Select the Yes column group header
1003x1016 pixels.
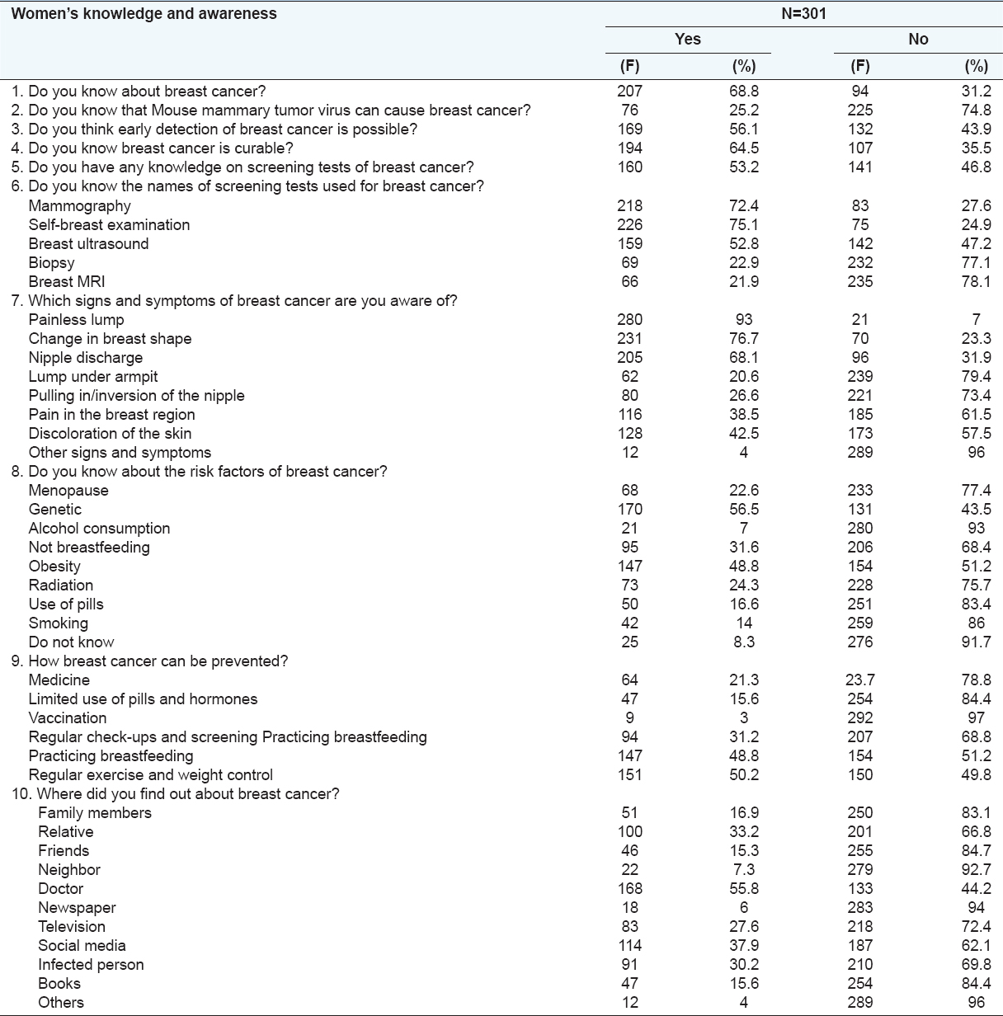(687, 39)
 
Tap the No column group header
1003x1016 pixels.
(918, 39)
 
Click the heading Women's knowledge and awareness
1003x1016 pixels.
(144, 13)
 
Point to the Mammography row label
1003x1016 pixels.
(79, 205)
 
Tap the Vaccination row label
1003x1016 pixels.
(68, 717)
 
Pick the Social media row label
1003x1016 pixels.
(82, 945)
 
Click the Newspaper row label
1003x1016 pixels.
(77, 907)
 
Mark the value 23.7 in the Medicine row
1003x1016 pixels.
(860, 680)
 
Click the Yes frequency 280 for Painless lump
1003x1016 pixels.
(629, 319)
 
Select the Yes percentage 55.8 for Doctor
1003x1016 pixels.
(744, 888)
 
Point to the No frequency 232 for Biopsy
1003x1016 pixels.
(860, 262)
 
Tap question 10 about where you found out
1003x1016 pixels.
(184, 793)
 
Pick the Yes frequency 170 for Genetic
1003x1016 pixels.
(629, 509)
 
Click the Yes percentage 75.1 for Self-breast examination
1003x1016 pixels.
(744, 224)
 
